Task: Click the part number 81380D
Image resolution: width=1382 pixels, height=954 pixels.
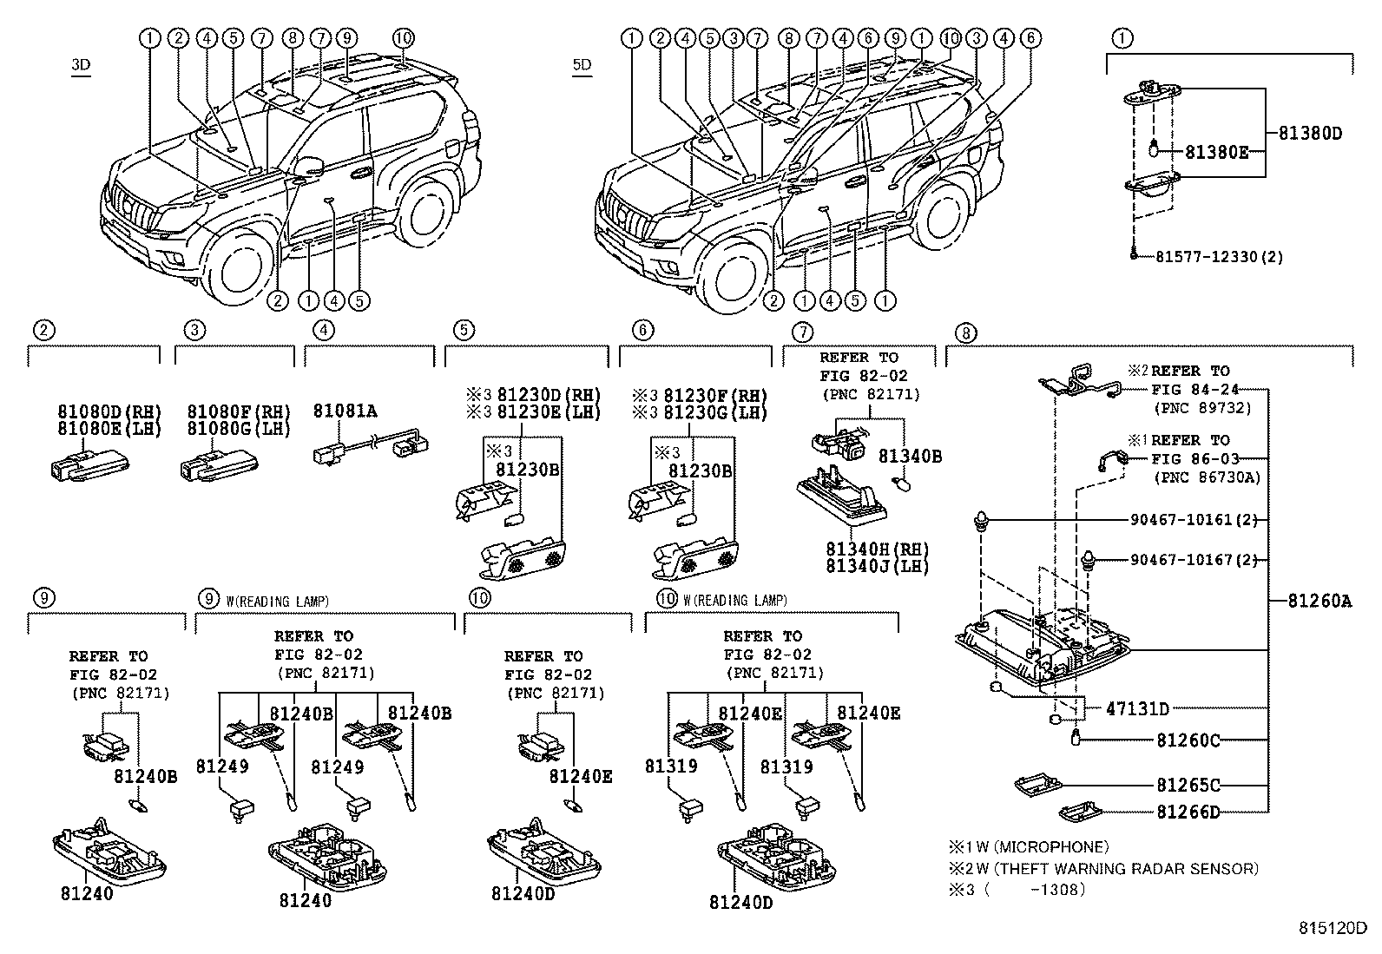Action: [1310, 134]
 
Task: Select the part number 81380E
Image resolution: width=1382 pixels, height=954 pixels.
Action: [1217, 152]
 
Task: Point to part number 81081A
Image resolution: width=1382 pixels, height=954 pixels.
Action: [345, 411]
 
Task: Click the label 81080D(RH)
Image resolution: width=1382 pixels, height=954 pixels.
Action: [109, 411]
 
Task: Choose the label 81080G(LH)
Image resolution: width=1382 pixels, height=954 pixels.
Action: [239, 428]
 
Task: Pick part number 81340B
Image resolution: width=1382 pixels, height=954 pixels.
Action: [910, 456]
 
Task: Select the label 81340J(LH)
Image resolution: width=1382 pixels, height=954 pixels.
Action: [878, 566]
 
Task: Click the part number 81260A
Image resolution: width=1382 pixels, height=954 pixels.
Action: [1319, 601]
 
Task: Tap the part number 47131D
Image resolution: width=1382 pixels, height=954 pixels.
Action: [1137, 708]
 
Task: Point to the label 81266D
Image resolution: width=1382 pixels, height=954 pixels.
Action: [1188, 813]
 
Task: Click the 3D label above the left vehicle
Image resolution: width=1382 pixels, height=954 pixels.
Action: [81, 65]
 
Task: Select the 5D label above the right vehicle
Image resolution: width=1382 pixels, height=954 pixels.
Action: [582, 65]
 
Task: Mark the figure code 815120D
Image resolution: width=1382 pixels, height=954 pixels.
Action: [1333, 928]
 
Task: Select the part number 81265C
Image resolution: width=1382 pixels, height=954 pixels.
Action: [1188, 785]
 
